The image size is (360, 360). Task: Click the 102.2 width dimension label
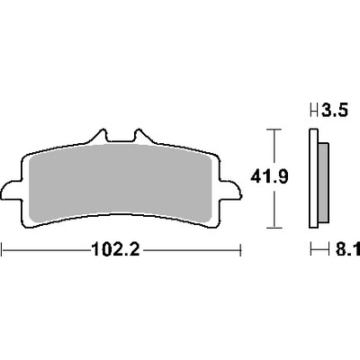[116, 249]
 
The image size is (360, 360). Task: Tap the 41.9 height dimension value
[269, 176]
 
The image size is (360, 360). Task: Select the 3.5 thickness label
[335, 110]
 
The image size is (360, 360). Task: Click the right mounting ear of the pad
[230, 190]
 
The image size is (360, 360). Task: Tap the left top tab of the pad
[99, 136]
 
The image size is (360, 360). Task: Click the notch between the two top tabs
[121, 139]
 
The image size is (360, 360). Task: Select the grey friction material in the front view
[121, 183]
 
